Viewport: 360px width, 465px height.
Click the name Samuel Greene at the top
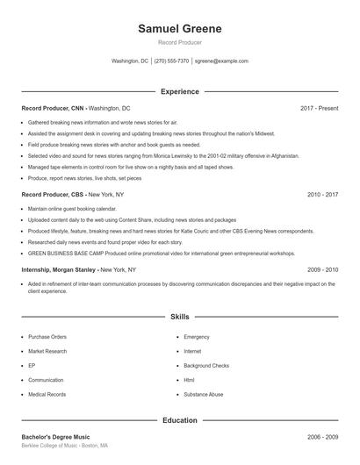pyautogui.click(x=180, y=29)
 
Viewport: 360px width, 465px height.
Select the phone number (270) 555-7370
pyautogui.click(x=171, y=61)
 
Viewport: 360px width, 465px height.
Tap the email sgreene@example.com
pyautogui.click(x=221, y=61)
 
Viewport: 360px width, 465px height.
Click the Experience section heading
pyautogui.click(x=180, y=91)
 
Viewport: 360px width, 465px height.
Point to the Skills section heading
pyautogui.click(x=180, y=316)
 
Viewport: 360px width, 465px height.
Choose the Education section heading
pyautogui.click(x=180, y=420)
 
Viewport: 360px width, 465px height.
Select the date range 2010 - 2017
pyautogui.click(x=322, y=194)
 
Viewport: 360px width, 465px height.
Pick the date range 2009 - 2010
pyautogui.click(x=322, y=269)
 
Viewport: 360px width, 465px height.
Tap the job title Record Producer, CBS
pyautogui.click(x=53, y=194)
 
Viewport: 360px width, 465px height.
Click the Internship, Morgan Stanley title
pyautogui.click(x=59, y=269)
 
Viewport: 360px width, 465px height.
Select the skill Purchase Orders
pyautogui.click(x=47, y=336)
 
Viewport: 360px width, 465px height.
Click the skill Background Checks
pyautogui.click(x=206, y=365)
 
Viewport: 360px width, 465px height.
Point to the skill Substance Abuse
pyautogui.click(x=204, y=395)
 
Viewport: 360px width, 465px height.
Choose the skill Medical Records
pyautogui.click(x=47, y=395)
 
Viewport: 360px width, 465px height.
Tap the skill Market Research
pyautogui.click(x=47, y=351)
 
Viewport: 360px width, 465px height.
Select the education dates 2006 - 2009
pyautogui.click(x=322, y=436)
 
